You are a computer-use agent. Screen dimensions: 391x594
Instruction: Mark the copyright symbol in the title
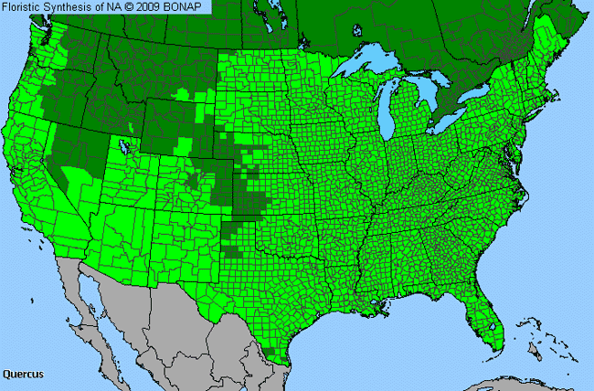point(133,7)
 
